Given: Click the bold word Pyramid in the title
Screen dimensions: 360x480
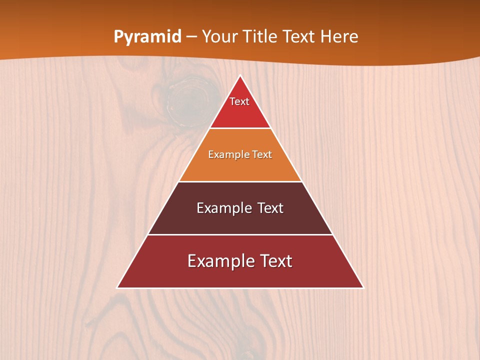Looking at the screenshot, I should coord(147,37).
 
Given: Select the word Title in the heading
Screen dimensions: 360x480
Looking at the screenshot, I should coord(263,37).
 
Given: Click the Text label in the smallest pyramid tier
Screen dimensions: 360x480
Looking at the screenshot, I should coord(239,101).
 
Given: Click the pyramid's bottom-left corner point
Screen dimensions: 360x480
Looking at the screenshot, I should coord(117,288).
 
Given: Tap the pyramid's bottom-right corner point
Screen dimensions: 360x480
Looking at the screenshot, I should coord(363,288).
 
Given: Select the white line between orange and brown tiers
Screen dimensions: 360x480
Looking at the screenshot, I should coord(240,181).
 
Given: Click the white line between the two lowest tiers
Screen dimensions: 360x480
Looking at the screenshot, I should coord(240,234).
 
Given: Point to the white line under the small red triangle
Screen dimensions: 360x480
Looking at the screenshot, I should coord(240,128).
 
